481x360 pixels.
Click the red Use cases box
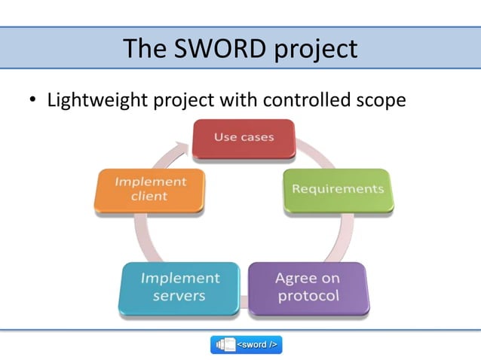243,139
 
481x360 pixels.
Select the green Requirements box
337,189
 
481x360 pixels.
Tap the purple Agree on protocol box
308,287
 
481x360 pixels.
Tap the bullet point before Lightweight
32,101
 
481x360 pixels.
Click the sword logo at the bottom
246,344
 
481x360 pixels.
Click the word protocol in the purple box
308,296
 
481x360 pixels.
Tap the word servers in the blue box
179,296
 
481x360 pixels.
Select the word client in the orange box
149,197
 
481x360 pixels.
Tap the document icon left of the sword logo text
227,344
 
